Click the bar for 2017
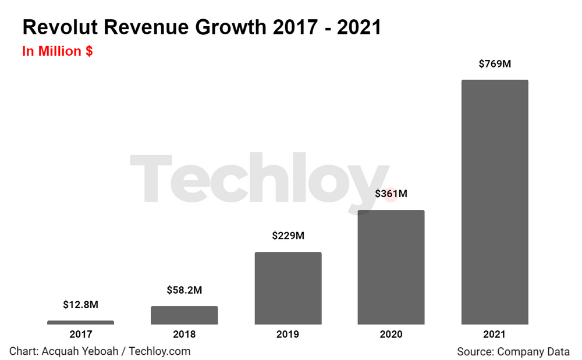80,322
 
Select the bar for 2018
184,315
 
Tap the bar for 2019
288,288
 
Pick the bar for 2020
391,267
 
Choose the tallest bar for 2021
495,202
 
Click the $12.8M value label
80,304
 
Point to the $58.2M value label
184,290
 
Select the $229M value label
288,236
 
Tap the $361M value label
391,194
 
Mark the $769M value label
495,64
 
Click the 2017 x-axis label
80,334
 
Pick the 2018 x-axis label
184,334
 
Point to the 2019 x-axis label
288,334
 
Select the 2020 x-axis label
391,334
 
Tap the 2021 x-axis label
495,334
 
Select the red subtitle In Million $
58,51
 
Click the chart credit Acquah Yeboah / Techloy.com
100,351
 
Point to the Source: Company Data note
513,351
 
